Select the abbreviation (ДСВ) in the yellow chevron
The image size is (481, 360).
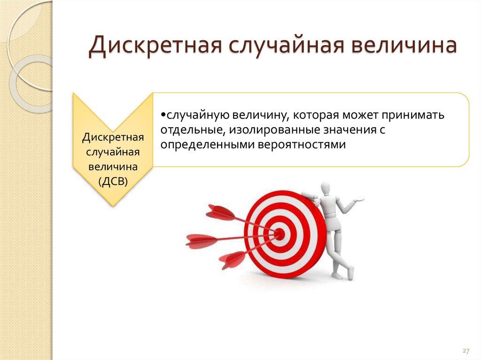[113, 182]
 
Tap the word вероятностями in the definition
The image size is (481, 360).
[301, 144]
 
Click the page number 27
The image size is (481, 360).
[466, 351]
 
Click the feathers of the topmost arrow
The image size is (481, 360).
[220, 212]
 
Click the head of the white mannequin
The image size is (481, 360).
[325, 189]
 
